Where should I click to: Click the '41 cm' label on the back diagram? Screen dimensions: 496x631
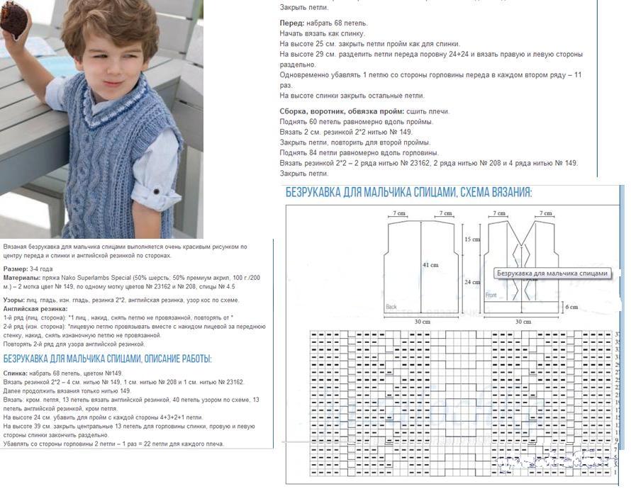[x=430, y=264]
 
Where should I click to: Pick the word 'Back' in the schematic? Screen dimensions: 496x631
[x=391, y=307]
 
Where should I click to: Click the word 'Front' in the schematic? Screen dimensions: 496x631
[x=491, y=295]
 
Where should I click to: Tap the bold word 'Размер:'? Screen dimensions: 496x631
[x=15, y=270]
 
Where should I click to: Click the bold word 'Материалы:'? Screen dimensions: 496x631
[x=21, y=278]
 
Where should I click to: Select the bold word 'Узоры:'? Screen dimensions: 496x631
[x=15, y=300]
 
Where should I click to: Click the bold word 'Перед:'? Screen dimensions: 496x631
[x=292, y=23]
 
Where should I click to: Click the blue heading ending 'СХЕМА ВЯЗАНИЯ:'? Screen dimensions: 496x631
[x=408, y=192]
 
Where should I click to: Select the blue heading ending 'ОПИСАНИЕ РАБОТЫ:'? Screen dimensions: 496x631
[x=107, y=359]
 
